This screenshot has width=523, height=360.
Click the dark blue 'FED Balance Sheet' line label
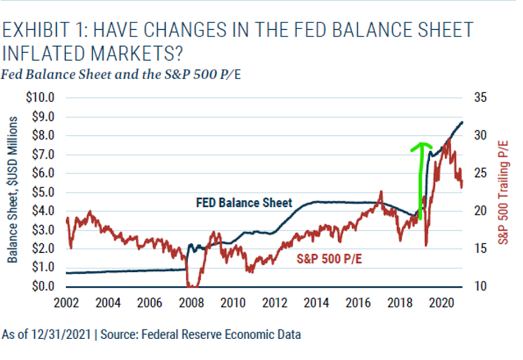[244, 203]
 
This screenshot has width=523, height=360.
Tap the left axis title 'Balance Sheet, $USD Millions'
[12, 190]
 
